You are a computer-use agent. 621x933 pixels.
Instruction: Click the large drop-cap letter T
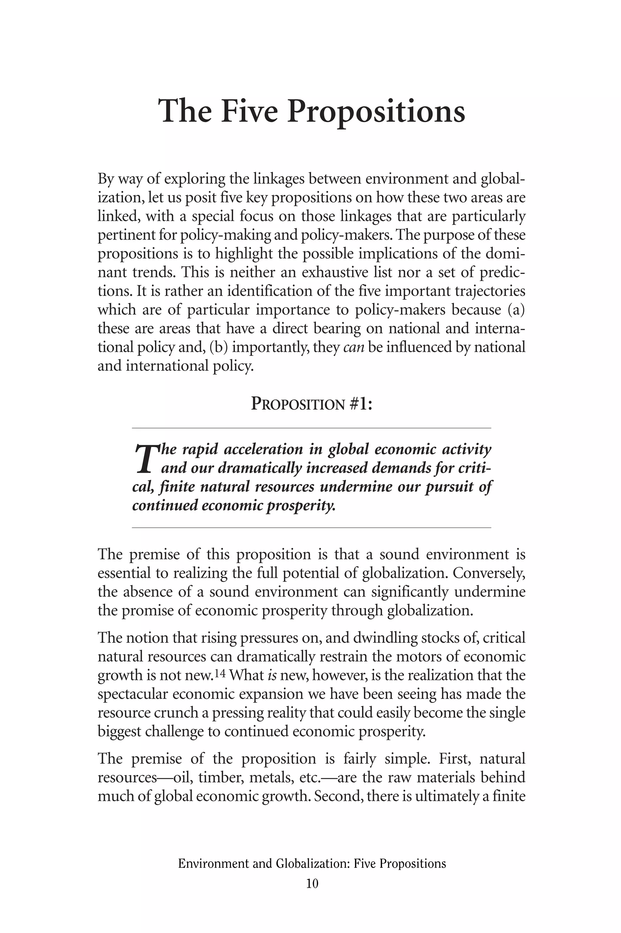click(145, 459)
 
